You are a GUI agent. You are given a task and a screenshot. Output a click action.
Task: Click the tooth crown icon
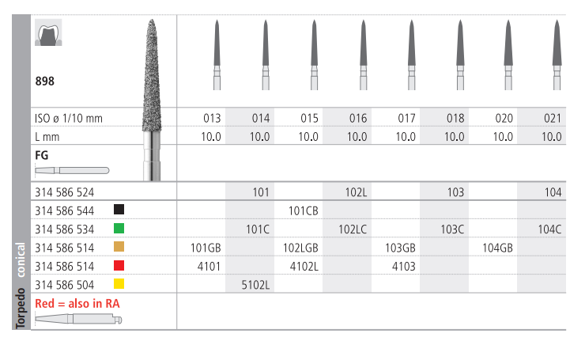coord(48,32)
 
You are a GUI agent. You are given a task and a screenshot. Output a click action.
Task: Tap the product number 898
coord(45,81)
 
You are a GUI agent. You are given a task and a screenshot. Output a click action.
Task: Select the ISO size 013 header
coord(212,119)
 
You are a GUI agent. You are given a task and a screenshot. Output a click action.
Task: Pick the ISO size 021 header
coord(552,119)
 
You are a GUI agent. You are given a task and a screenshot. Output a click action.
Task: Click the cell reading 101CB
coord(303,211)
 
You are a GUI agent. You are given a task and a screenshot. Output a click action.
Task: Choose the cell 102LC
coord(353,229)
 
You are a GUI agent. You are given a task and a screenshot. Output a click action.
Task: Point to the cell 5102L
coord(255,286)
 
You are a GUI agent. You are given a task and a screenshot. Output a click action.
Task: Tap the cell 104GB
coord(497,248)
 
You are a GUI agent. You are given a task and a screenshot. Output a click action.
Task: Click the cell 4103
coord(404,267)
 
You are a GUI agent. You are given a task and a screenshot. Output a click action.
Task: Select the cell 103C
coord(452,229)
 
